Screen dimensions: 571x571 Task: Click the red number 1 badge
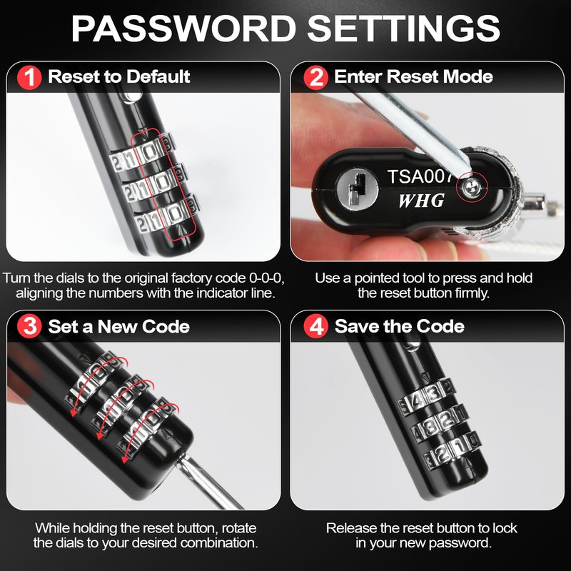(x=29, y=77)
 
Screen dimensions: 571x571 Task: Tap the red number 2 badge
(x=315, y=77)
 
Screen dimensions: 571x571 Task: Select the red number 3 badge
(x=29, y=326)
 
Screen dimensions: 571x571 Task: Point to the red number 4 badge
(x=315, y=326)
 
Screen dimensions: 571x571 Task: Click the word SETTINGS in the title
(x=403, y=29)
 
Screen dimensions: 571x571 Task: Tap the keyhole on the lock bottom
(x=357, y=188)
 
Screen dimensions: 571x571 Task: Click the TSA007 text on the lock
(x=420, y=176)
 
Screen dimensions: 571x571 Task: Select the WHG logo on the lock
(x=421, y=201)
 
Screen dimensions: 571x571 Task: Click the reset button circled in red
(x=471, y=188)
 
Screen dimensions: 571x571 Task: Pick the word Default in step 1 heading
(x=158, y=76)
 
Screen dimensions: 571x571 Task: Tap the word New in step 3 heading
(x=117, y=326)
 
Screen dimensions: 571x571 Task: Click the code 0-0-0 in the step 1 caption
(x=266, y=278)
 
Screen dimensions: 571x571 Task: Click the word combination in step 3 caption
(x=219, y=542)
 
